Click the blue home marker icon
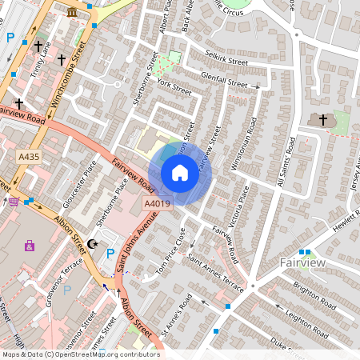180,173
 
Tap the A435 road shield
29,157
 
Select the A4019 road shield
158,205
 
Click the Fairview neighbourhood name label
302,262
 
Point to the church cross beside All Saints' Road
324,120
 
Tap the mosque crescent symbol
93,243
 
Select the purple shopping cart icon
14,201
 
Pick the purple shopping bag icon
30,246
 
